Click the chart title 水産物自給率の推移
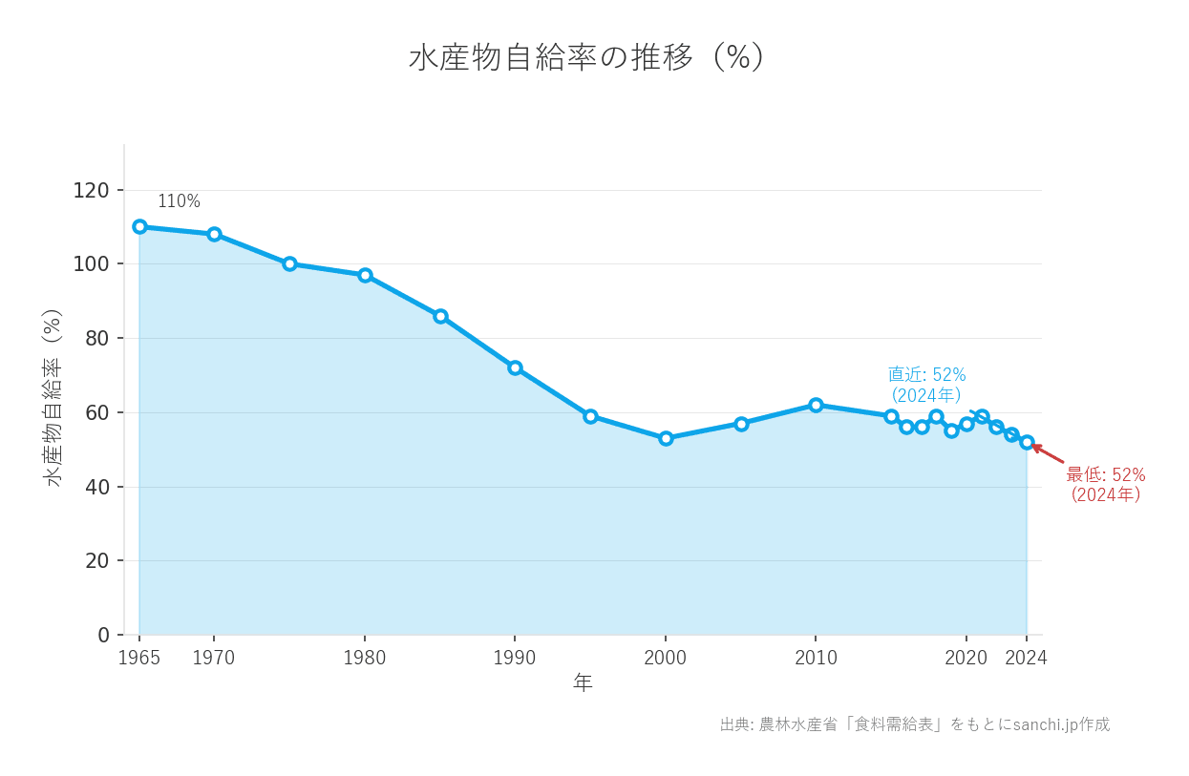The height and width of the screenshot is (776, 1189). pyautogui.click(x=586, y=58)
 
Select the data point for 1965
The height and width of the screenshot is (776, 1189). pyautogui.click(x=139, y=226)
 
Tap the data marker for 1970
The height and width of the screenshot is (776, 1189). pyautogui.click(x=214, y=234)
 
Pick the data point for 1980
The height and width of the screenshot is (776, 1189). pyautogui.click(x=365, y=275)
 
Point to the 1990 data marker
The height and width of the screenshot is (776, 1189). pyautogui.click(x=515, y=367)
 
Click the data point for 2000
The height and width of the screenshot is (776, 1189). pyautogui.click(x=666, y=438)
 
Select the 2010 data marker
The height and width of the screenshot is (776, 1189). pyautogui.click(x=816, y=405)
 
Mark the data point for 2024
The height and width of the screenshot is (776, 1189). pyautogui.click(x=1027, y=442)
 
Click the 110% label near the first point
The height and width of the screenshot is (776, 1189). pyautogui.click(x=179, y=201)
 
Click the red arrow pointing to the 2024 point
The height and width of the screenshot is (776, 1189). pyautogui.click(x=1048, y=453)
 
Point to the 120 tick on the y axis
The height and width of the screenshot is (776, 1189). pyautogui.click(x=91, y=190)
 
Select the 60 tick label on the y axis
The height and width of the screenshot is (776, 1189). pyautogui.click(x=96, y=412)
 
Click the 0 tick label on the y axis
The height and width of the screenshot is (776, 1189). pyautogui.click(x=103, y=635)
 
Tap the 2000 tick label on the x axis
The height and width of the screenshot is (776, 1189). pyautogui.click(x=666, y=658)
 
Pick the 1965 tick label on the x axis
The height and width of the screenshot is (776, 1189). pyautogui.click(x=139, y=658)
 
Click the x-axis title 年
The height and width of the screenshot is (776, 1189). pyautogui.click(x=583, y=682)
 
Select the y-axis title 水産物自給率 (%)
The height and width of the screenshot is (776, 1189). pyautogui.click(x=53, y=397)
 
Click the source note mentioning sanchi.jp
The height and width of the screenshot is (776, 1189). pyautogui.click(x=914, y=724)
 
